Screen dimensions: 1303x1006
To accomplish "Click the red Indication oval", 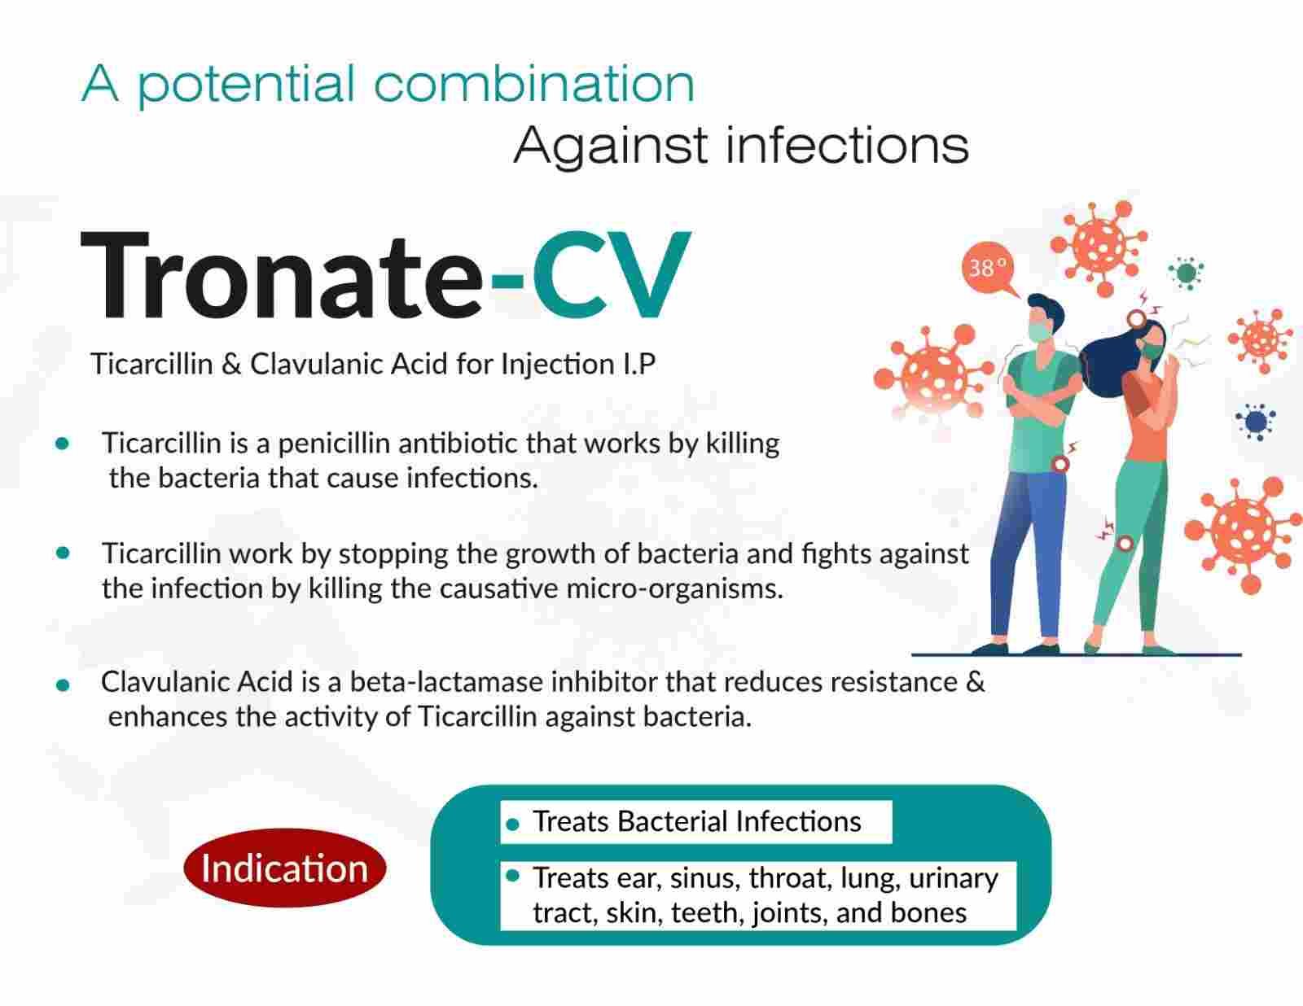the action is point(285,868).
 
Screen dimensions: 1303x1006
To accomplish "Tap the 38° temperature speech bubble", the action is point(989,269).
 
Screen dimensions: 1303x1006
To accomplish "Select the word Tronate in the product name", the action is point(281,276).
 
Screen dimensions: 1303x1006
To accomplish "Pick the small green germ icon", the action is point(1186,273).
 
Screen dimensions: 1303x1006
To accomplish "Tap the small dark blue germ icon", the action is point(1256,422).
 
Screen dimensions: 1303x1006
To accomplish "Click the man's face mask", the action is point(1041,332).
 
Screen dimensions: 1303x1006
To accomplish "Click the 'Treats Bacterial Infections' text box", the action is point(696,821).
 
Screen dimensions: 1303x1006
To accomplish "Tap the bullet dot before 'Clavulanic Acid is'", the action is point(63,685).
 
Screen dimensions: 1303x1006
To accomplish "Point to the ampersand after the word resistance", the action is point(976,682).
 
